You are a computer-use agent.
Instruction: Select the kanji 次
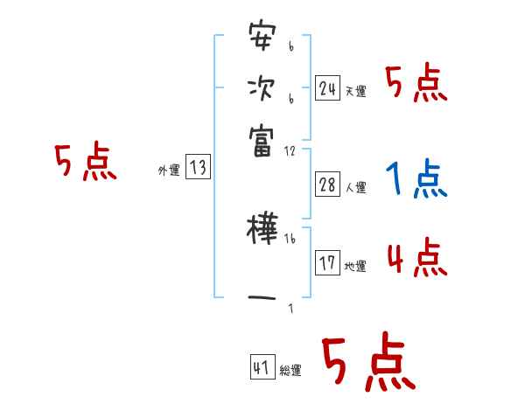pos(262,89)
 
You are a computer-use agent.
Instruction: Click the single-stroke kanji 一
pos(262,297)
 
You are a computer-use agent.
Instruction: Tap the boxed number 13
pos(198,168)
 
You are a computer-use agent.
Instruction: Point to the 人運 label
pos(356,187)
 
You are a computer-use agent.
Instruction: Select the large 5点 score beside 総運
pos(367,363)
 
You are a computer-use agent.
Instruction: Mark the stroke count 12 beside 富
pos(290,150)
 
